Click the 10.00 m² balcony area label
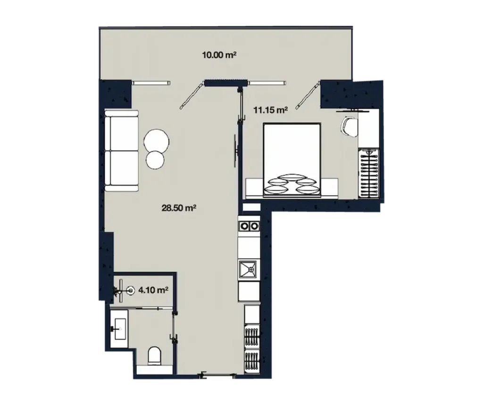(x=218, y=55)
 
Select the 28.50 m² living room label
(x=178, y=207)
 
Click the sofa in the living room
(x=122, y=151)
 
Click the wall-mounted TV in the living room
(x=235, y=150)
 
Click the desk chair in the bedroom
(x=349, y=126)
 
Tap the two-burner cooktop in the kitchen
(x=249, y=226)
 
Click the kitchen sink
(x=248, y=269)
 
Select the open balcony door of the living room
(x=192, y=95)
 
